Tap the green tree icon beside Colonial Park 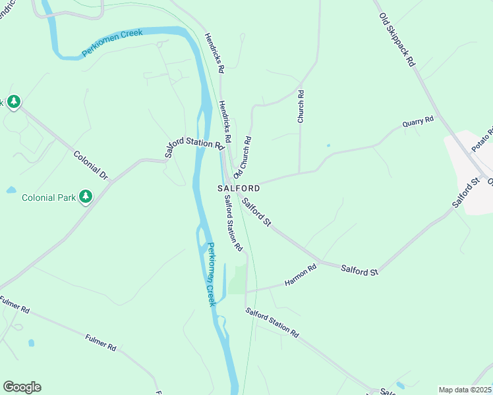point(85,196)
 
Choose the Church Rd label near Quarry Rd point(301,107)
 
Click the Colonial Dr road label point(91,166)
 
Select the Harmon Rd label point(301,275)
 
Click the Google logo point(22,387)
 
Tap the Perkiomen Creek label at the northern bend point(112,43)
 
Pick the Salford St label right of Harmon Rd point(359,271)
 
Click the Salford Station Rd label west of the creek point(194,147)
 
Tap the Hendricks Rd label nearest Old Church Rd point(225,122)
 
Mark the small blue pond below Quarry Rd point(328,145)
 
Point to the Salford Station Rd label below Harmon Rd point(272,323)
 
